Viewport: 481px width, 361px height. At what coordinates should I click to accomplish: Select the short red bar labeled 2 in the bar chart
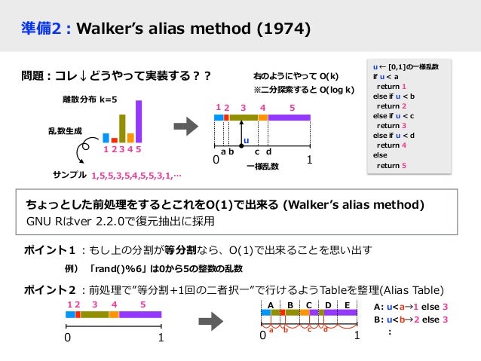pyautogui.click(x=115, y=140)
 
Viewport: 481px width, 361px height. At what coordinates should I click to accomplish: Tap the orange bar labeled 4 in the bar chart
pyautogui.click(x=130, y=138)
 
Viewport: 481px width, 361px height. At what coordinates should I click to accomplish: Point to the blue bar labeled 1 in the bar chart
pyautogui.click(x=106, y=138)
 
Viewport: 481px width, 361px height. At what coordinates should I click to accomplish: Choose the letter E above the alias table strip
pyautogui.click(x=347, y=304)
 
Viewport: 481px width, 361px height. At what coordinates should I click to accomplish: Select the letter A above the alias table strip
pyautogui.click(x=269, y=304)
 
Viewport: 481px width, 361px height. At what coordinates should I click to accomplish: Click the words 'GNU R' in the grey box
pyautogui.click(x=44, y=222)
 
